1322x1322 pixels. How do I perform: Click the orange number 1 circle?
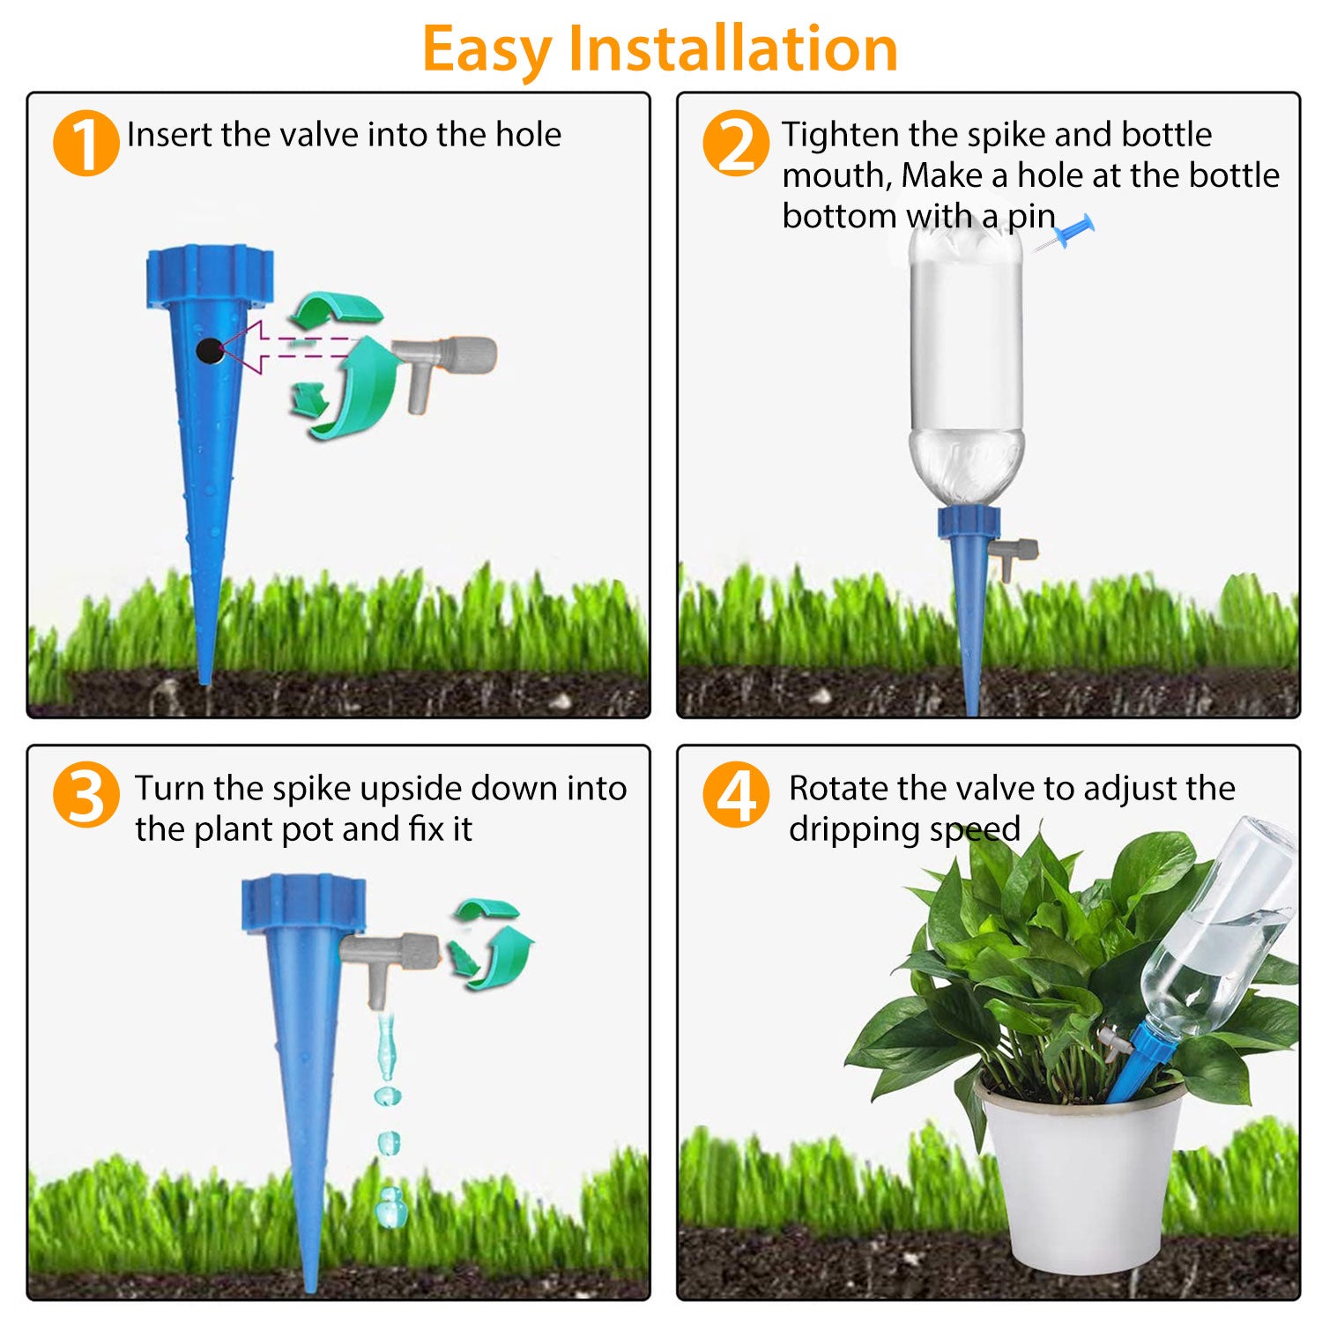click(x=85, y=143)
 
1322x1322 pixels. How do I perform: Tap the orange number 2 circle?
click(x=736, y=143)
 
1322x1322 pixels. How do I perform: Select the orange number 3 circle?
click(x=85, y=795)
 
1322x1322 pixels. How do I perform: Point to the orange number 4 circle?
click(x=736, y=795)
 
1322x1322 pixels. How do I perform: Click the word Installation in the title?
click(x=732, y=48)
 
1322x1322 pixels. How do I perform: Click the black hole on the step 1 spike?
click(x=208, y=351)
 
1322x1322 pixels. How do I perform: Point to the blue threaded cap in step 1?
click(x=210, y=277)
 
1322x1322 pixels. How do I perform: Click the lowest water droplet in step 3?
click(x=389, y=1206)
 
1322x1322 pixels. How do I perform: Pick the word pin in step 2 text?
click(x=1031, y=216)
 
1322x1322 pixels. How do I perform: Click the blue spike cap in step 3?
click(x=303, y=904)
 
